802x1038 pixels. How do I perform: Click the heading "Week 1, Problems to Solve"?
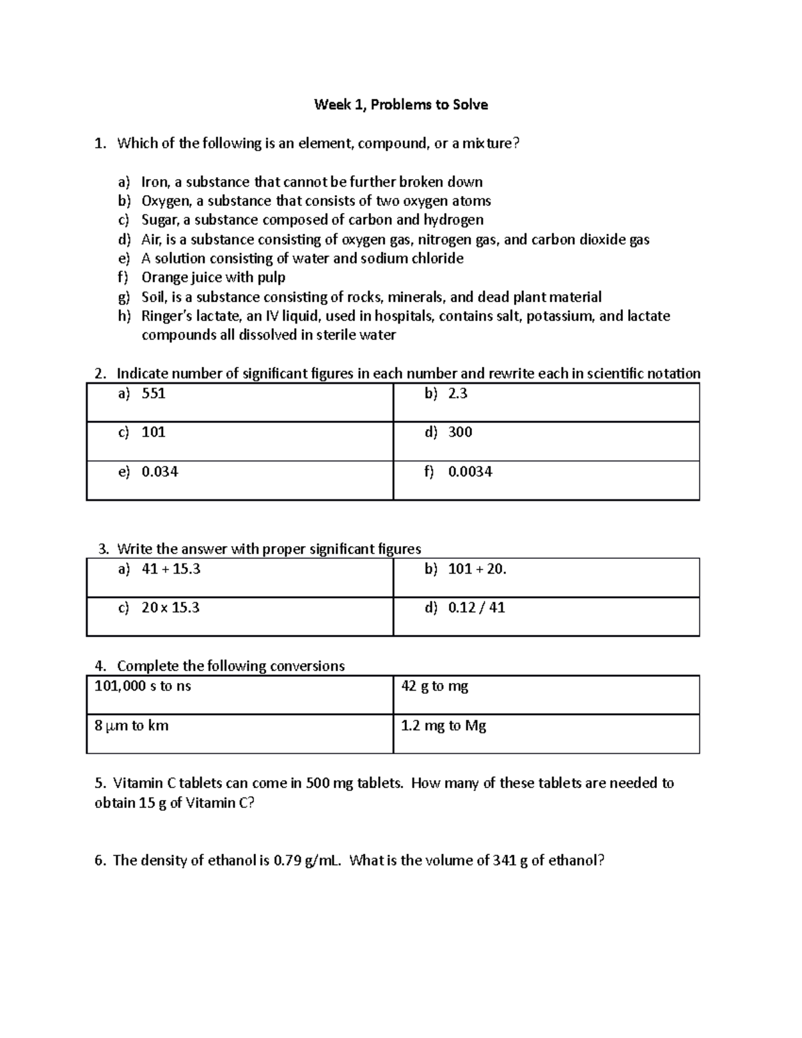tap(401, 105)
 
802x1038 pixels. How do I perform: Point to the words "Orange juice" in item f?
tap(176, 277)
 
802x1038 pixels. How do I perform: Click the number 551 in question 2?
tap(153, 394)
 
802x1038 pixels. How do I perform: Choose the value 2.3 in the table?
tap(458, 394)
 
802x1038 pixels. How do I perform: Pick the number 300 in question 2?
tap(460, 432)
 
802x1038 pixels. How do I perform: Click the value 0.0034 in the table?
tap(470, 472)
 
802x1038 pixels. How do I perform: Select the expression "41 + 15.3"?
tap(171, 569)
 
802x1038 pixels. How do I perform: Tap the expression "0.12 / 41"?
tap(477, 608)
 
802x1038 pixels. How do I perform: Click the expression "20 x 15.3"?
tap(170, 608)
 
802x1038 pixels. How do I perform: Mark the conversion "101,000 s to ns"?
tap(142, 686)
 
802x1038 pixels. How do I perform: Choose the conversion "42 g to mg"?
tap(434, 686)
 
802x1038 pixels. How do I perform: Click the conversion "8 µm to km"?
tap(131, 725)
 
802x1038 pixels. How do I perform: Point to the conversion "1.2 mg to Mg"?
tap(443, 725)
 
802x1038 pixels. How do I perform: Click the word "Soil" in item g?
tap(153, 297)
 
